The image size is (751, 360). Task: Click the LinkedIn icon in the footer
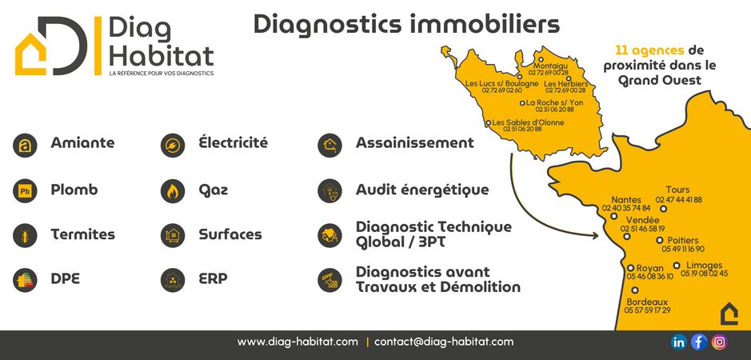tap(679, 342)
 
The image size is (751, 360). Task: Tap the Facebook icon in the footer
tap(699, 342)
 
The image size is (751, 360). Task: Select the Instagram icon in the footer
tap(719, 342)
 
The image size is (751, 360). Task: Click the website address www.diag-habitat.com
tap(298, 342)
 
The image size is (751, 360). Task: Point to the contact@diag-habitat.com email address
tap(444, 342)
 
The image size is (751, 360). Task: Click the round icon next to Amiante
tap(25, 146)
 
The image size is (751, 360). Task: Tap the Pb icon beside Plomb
tap(25, 190)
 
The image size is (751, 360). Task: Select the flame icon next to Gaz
tap(173, 190)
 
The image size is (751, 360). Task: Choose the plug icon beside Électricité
tap(173, 146)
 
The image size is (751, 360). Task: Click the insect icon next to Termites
tap(25, 235)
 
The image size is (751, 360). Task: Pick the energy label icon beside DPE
tap(25, 281)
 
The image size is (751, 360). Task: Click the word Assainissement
tap(415, 143)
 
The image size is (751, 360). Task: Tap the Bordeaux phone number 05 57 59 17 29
tap(648, 310)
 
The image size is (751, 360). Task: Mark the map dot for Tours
tap(663, 209)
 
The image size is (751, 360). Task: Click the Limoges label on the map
tap(704, 265)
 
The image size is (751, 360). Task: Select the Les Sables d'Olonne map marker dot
tap(488, 122)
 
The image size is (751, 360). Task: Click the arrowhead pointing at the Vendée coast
tap(595, 235)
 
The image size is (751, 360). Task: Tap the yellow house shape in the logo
tap(30, 54)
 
